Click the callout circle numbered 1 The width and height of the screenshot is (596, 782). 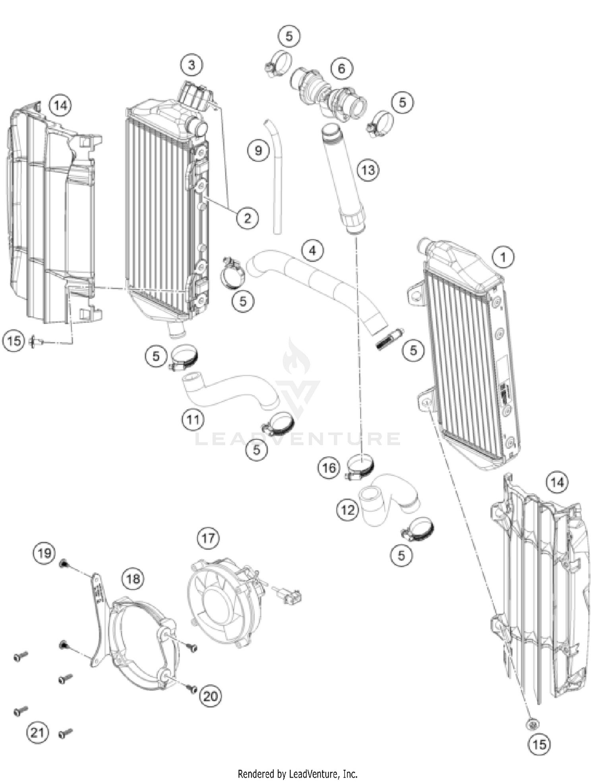503,257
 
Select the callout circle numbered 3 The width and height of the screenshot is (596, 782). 192,65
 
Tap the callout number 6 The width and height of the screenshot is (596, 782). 341,68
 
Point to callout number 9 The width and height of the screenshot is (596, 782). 258,150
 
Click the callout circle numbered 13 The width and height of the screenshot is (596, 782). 368,170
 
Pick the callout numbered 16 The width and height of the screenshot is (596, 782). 329,468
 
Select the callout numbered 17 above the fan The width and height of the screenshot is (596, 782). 208,538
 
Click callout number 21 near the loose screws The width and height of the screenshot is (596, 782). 37,732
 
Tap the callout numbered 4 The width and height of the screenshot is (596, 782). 312,250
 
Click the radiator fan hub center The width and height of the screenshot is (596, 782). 218,603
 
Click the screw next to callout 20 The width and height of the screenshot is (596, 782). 192,689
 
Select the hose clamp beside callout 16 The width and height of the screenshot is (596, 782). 360,465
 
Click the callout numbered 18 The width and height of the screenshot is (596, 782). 133,579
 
